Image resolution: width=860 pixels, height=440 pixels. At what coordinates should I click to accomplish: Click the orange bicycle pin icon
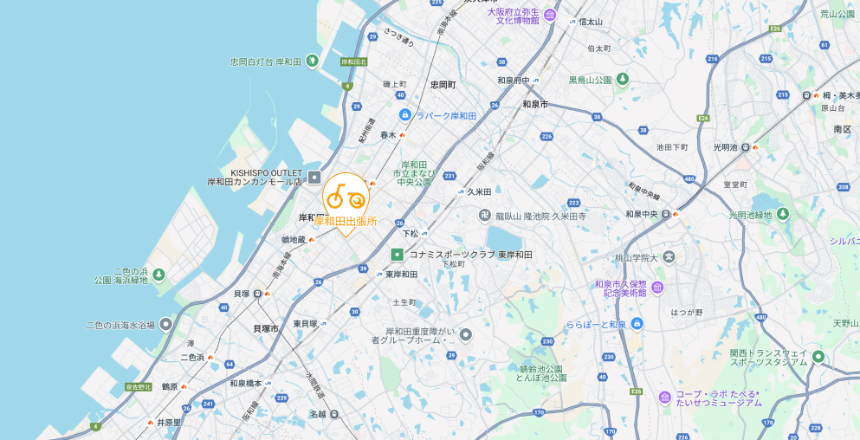click(x=345, y=197)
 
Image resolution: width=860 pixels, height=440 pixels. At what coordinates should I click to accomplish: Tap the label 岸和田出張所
click(x=346, y=221)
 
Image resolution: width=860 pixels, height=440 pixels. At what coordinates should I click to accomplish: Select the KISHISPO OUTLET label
click(x=254, y=172)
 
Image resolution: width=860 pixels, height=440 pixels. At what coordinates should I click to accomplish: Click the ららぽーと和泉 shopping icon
click(x=637, y=324)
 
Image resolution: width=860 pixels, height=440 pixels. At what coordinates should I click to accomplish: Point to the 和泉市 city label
click(x=535, y=104)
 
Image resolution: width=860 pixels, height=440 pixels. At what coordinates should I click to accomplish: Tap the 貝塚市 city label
click(x=265, y=329)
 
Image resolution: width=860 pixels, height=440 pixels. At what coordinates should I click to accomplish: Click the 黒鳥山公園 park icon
click(x=622, y=80)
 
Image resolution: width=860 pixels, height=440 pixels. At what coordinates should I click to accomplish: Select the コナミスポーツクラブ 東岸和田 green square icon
click(x=397, y=255)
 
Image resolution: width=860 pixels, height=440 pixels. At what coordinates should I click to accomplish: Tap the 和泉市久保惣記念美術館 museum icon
click(x=658, y=288)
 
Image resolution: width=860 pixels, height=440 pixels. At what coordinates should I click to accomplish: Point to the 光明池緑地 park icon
click(x=783, y=214)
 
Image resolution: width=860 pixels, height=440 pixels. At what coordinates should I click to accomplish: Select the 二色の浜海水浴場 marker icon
click(x=165, y=325)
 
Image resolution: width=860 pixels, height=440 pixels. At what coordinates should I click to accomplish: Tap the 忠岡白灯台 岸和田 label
click(x=264, y=61)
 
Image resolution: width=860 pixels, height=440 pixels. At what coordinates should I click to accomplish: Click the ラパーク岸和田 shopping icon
click(x=404, y=115)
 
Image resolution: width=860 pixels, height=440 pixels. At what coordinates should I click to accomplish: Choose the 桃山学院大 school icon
click(x=669, y=257)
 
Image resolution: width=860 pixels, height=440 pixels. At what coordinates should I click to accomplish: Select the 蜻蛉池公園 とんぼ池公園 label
click(x=540, y=373)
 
